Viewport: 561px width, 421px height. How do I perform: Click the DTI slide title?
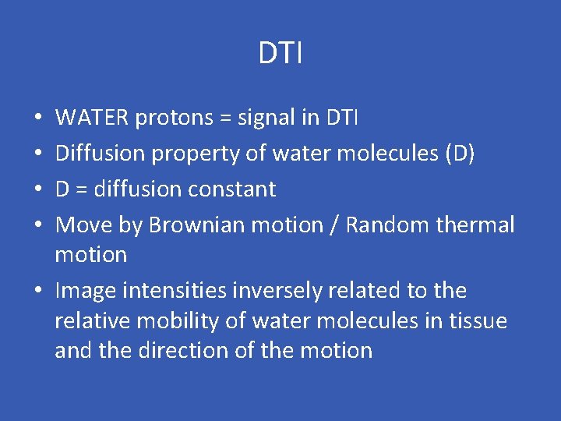[x=280, y=54]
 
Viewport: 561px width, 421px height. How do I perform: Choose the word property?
[x=196, y=154]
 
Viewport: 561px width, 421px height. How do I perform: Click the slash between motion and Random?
[x=335, y=225]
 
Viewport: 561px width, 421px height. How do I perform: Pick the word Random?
[x=389, y=225]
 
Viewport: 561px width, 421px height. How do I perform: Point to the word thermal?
[x=476, y=225]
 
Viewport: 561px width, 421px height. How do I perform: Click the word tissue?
[x=478, y=320]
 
